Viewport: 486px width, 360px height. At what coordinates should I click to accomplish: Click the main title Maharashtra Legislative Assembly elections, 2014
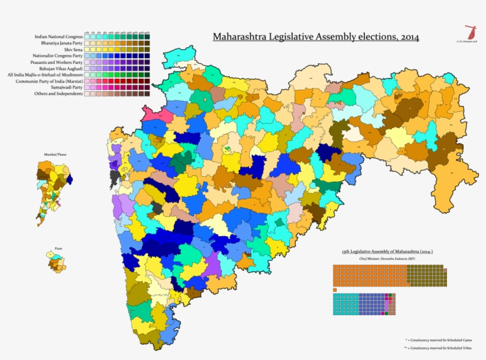315,37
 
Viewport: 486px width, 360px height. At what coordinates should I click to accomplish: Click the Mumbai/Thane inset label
55,154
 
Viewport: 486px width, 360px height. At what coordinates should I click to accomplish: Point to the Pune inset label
55,242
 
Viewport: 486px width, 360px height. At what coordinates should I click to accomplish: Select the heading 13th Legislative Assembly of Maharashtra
387,252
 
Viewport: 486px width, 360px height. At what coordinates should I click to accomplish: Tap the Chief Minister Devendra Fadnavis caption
387,259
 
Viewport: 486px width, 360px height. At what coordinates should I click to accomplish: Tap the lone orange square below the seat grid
335,290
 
